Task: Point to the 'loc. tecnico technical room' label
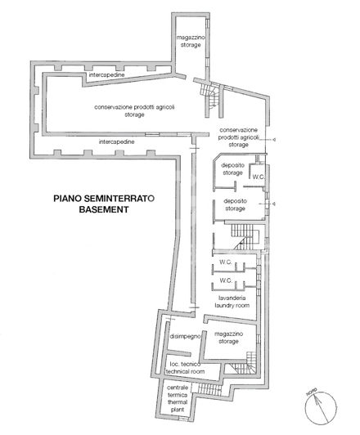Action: [186, 366]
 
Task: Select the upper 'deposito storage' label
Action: [232, 170]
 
